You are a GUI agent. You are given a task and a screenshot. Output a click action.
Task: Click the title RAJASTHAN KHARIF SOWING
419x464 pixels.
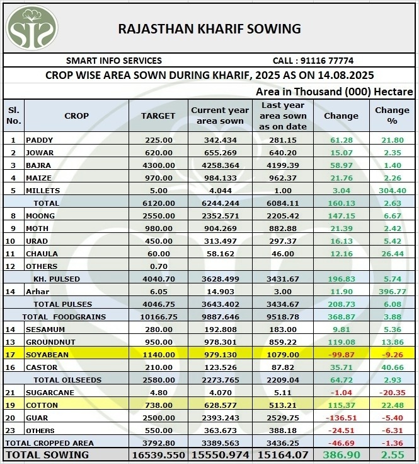(x=210, y=29)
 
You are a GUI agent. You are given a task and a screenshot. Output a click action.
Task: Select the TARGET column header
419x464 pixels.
(x=158, y=116)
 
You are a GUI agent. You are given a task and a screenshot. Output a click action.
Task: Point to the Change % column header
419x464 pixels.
(x=392, y=116)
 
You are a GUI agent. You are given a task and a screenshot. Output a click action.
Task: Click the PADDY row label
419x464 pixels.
(x=40, y=140)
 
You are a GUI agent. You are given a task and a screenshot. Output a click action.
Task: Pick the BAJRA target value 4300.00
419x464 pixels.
(x=158, y=165)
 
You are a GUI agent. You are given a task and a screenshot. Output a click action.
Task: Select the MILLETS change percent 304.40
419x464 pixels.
(x=392, y=191)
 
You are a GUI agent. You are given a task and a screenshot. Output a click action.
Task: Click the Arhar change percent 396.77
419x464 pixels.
(x=392, y=292)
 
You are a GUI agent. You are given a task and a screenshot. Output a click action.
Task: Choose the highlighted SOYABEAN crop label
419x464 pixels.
(x=47, y=355)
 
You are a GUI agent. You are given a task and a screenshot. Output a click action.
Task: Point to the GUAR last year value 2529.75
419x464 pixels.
(x=283, y=418)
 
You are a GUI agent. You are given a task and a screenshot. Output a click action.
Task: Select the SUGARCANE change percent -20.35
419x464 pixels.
(x=392, y=393)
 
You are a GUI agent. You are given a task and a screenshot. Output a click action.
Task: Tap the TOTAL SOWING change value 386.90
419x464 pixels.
(x=341, y=455)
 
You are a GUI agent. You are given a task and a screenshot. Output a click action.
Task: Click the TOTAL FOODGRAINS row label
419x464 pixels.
(x=64, y=317)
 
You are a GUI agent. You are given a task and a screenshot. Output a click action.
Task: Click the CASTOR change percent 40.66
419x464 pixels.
(x=392, y=367)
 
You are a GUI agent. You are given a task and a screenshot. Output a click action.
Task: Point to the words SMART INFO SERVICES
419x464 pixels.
(x=114, y=61)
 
